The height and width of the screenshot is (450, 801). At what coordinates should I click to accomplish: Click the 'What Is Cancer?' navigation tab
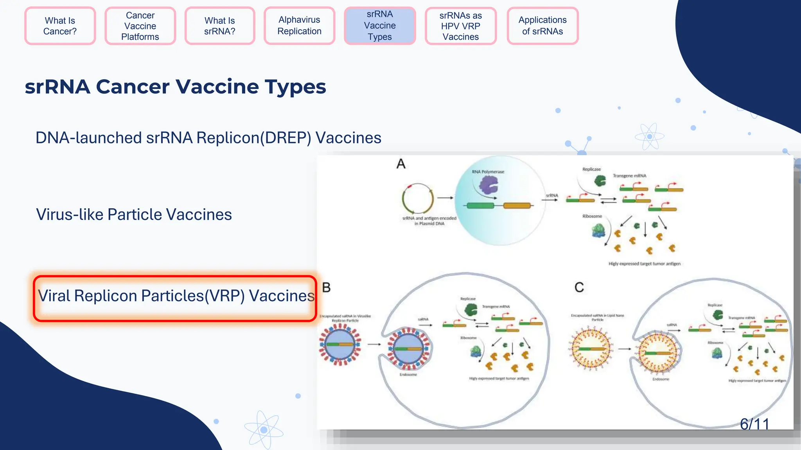pyautogui.click(x=60, y=26)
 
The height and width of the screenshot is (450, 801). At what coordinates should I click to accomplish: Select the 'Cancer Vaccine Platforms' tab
pyautogui.click(x=140, y=26)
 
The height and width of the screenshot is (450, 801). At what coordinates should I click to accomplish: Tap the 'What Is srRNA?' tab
pyautogui.click(x=219, y=26)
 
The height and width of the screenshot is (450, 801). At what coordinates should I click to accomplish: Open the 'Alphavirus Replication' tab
pyautogui.click(x=299, y=26)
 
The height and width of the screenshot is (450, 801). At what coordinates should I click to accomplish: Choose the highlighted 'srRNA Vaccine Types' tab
pyautogui.click(x=379, y=26)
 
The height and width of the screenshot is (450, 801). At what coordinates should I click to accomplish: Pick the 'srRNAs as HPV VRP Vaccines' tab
pyautogui.click(x=460, y=26)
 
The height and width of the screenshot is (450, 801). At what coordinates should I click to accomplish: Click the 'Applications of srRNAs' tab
pyautogui.click(x=542, y=26)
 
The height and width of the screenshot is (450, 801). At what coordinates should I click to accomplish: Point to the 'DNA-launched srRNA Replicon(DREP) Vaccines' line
pyautogui.click(x=208, y=138)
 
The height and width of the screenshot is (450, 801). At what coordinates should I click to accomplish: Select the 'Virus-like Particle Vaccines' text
pyautogui.click(x=134, y=214)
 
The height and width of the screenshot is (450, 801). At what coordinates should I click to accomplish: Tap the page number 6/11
pyautogui.click(x=754, y=424)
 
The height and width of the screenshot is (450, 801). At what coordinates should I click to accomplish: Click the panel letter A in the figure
pyautogui.click(x=401, y=164)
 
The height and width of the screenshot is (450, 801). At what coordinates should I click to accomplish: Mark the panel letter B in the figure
pyautogui.click(x=326, y=287)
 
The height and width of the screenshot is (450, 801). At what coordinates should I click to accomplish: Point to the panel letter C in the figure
pyautogui.click(x=579, y=287)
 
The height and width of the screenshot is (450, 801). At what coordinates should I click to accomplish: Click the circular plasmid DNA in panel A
pyautogui.click(x=418, y=198)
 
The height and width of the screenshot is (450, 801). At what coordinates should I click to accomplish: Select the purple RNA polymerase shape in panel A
pyautogui.click(x=489, y=185)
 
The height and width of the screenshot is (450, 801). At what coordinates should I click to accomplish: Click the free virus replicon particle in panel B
pyautogui.click(x=340, y=345)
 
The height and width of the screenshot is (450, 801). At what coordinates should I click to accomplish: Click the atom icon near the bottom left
pyautogui.click(x=264, y=430)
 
